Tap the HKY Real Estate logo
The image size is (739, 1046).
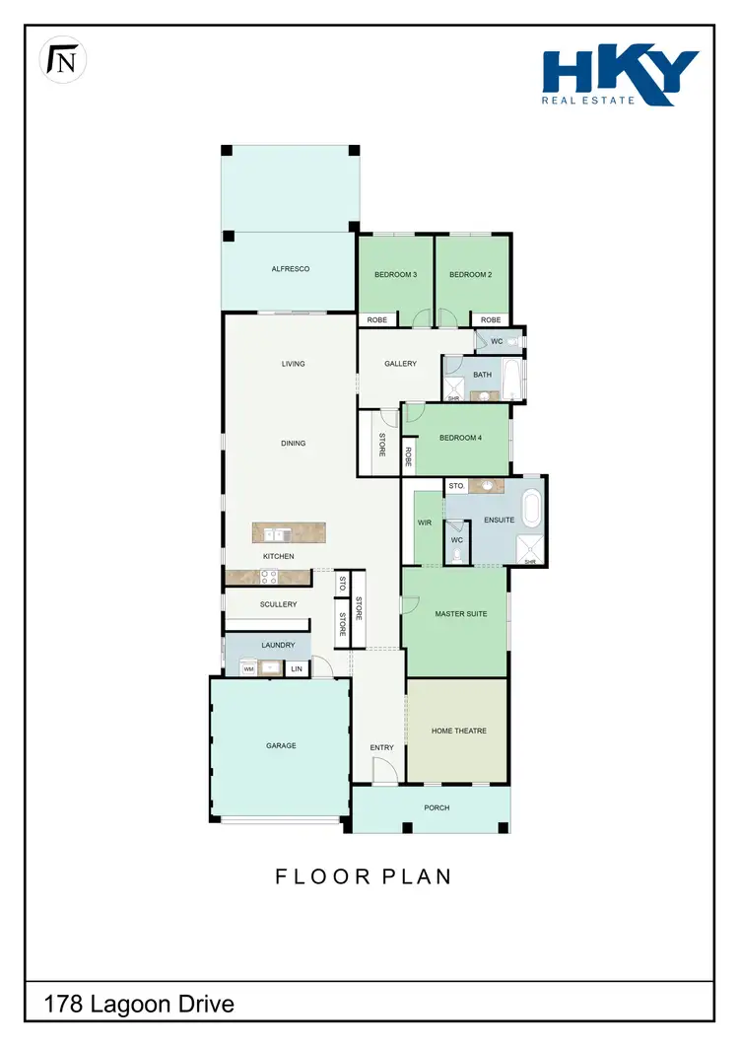(x=620, y=76)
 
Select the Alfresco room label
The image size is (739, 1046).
(x=291, y=269)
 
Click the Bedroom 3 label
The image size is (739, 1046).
(x=396, y=275)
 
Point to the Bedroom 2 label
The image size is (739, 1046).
(x=470, y=275)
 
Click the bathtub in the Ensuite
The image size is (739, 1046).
(x=532, y=509)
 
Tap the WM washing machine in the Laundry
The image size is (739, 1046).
(x=248, y=669)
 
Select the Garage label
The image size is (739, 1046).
(x=281, y=746)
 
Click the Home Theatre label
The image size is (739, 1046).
(x=459, y=732)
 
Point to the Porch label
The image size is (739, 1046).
(x=437, y=808)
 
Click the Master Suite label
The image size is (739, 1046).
(x=461, y=615)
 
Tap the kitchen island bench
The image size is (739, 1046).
(x=287, y=534)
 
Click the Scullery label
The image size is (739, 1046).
(x=279, y=604)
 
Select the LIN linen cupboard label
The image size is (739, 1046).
(x=296, y=669)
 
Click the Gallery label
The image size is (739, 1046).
(x=400, y=364)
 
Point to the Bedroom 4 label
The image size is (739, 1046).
(x=460, y=439)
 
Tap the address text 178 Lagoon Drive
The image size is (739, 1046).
(x=139, y=1005)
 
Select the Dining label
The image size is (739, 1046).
(x=293, y=444)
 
